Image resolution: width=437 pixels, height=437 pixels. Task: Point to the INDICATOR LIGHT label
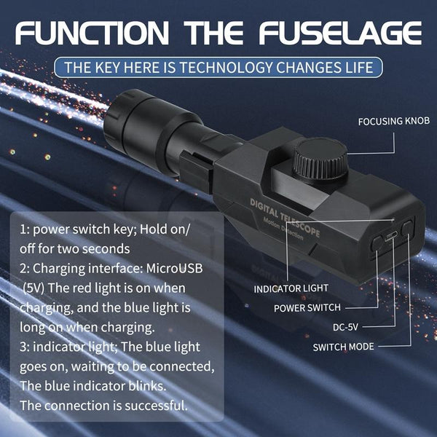click(291, 288)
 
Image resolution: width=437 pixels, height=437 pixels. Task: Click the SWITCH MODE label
click(343, 347)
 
